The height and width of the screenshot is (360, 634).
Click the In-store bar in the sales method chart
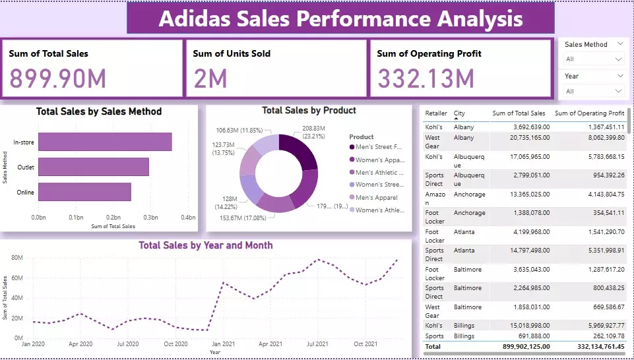tap(104, 142)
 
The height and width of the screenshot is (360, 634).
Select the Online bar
tap(84, 192)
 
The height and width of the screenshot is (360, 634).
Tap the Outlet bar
tap(93, 167)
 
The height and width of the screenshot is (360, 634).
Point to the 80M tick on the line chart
tap(17, 258)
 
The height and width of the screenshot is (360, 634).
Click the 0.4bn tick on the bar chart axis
tap(189, 217)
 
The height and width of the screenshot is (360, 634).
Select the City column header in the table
tap(459, 113)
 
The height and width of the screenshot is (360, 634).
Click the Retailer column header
tap(435, 113)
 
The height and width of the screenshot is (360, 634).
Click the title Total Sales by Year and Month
tap(205, 245)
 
